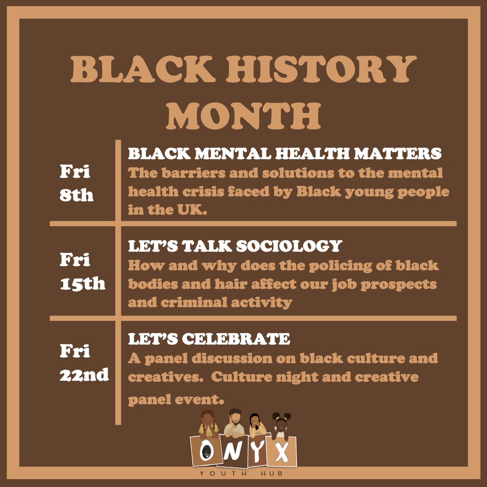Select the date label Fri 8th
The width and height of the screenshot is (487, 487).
[76, 184]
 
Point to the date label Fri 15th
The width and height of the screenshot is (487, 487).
[82, 272]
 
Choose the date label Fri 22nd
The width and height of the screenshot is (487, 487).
[84, 362]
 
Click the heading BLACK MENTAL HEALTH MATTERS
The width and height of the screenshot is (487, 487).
[285, 154]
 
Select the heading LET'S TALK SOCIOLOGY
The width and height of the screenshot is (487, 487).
[235, 246]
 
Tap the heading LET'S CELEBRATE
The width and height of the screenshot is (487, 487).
[209, 339]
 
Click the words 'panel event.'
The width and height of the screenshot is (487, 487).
[176, 399]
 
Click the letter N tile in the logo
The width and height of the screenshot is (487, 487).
[230, 451]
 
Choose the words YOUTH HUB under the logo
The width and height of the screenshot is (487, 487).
[243, 474]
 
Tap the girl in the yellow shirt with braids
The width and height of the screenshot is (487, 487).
[208, 423]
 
